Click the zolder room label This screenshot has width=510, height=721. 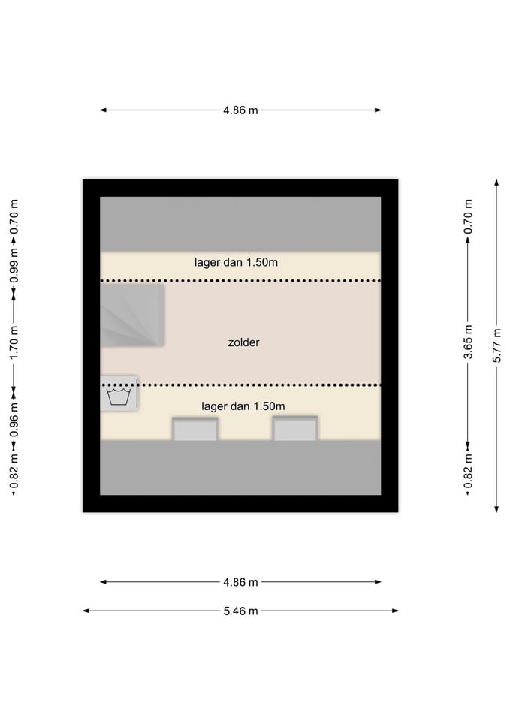[243, 342]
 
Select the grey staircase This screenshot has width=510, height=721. [132, 315]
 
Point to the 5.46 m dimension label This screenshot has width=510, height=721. [240, 611]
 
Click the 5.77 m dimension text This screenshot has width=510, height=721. [496, 345]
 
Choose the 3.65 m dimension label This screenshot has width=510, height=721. [468, 342]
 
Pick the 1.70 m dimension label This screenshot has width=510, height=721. [14, 343]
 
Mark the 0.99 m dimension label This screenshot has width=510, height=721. [14, 266]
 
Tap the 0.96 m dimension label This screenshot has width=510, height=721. [14, 420]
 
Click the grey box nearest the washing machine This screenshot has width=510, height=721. [195, 429]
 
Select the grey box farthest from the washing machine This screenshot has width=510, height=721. [294, 429]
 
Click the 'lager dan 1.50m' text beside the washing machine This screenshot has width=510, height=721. [243, 406]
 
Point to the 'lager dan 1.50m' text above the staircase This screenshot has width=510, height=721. [236, 263]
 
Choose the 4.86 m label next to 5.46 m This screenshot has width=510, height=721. [240, 582]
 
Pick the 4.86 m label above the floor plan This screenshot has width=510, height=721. [240, 110]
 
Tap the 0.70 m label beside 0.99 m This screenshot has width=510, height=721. [14, 216]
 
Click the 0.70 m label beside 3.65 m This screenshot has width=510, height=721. [468, 216]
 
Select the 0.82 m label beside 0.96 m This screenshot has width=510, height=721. [14, 472]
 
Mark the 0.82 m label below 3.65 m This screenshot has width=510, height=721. [468, 472]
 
